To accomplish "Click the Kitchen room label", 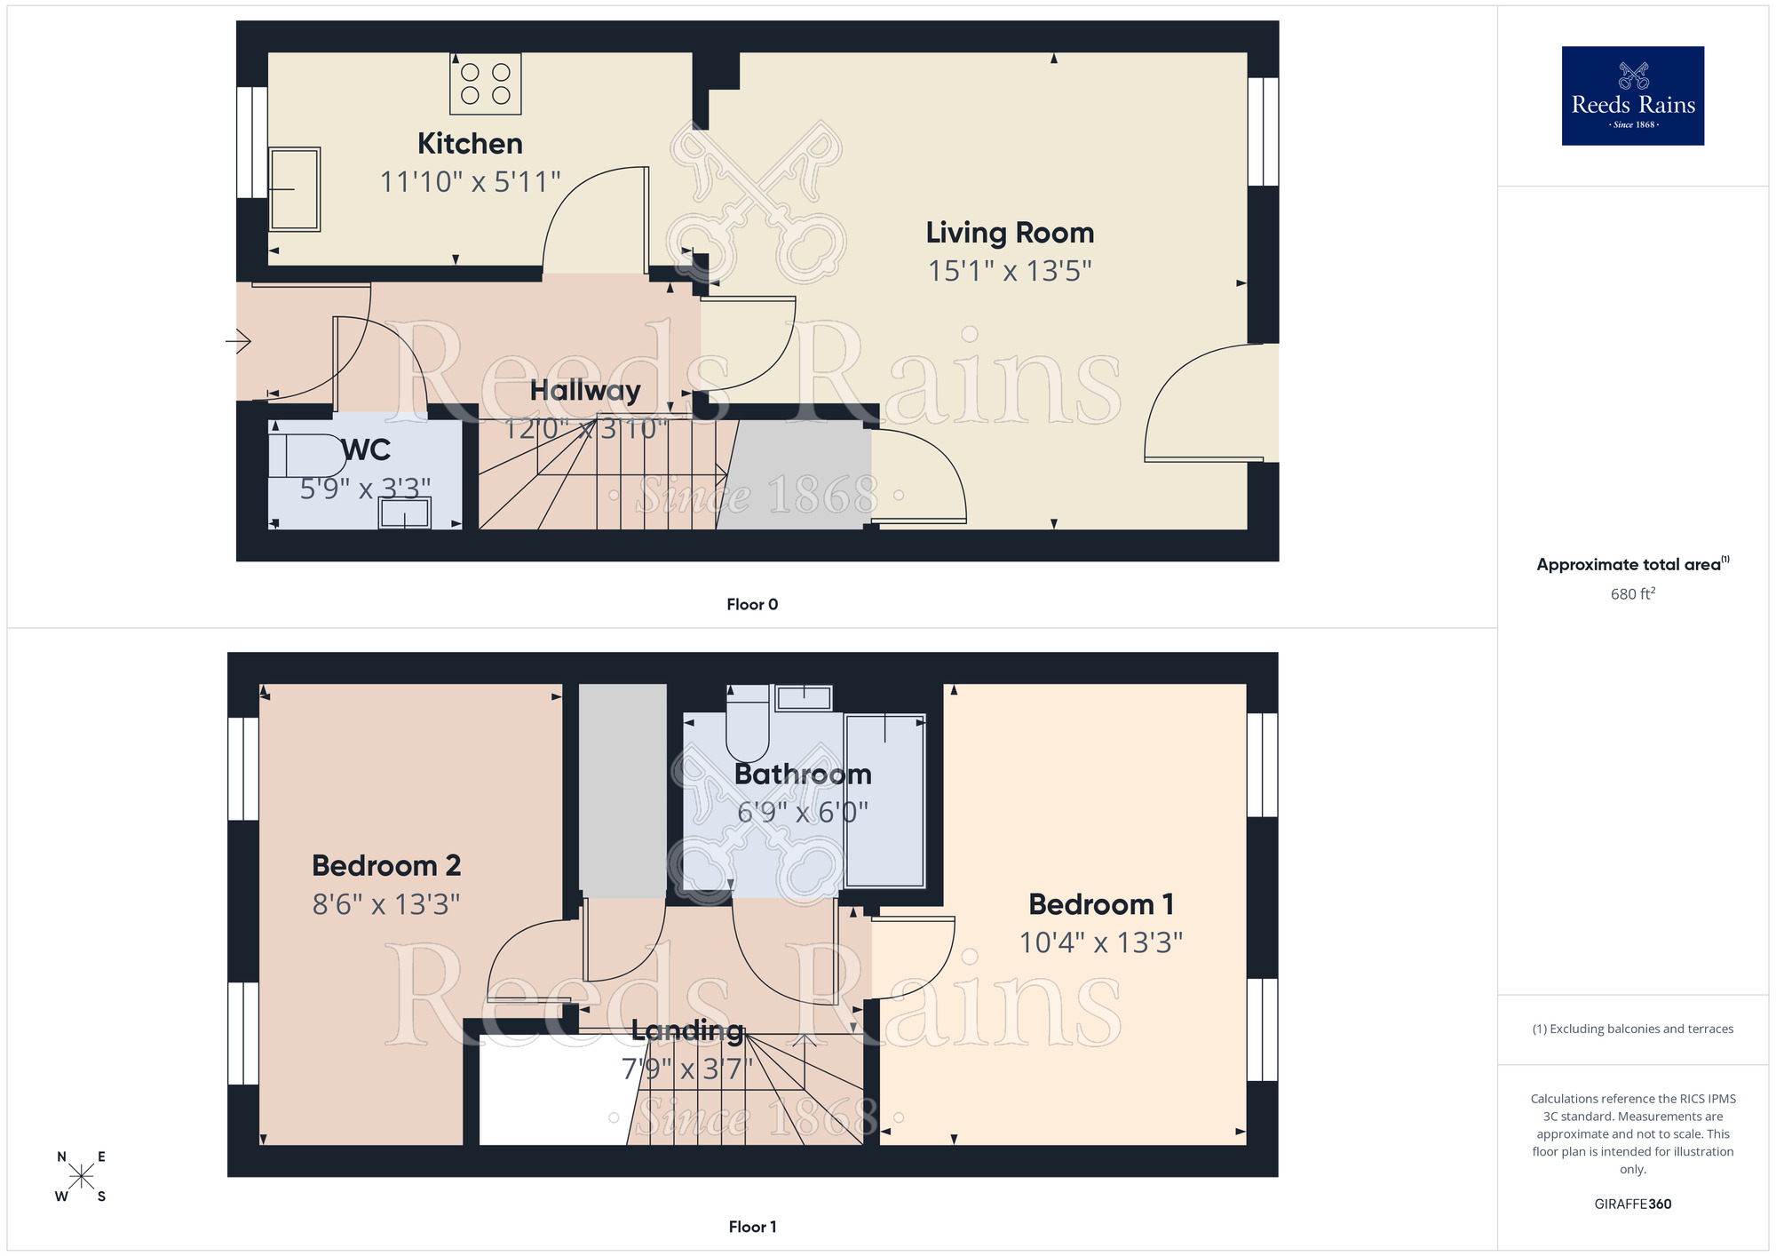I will (x=470, y=144).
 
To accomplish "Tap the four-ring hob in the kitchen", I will (x=485, y=83).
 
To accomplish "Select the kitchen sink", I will (x=295, y=189).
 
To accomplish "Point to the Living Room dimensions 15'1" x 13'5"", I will (x=1010, y=271).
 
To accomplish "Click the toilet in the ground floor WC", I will (x=307, y=456).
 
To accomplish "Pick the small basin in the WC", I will (x=405, y=513).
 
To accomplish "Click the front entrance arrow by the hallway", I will (x=239, y=341).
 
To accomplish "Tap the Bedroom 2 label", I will (x=386, y=865).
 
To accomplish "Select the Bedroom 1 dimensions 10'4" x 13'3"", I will (x=1100, y=942).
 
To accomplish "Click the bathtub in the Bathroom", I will (x=884, y=800).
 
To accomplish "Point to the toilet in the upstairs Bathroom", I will (x=747, y=724).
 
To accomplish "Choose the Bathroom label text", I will (x=803, y=775).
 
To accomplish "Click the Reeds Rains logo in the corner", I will (x=1632, y=96).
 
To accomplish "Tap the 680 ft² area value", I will (x=1632, y=594).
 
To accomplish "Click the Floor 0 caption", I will (x=752, y=605).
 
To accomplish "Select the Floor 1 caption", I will (x=752, y=1227).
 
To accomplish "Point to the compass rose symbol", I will (x=81, y=1177).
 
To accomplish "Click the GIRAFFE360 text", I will (x=1632, y=1204).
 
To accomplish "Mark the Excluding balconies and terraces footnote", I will (x=1632, y=1029).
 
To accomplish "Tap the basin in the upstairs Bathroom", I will (x=804, y=698).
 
